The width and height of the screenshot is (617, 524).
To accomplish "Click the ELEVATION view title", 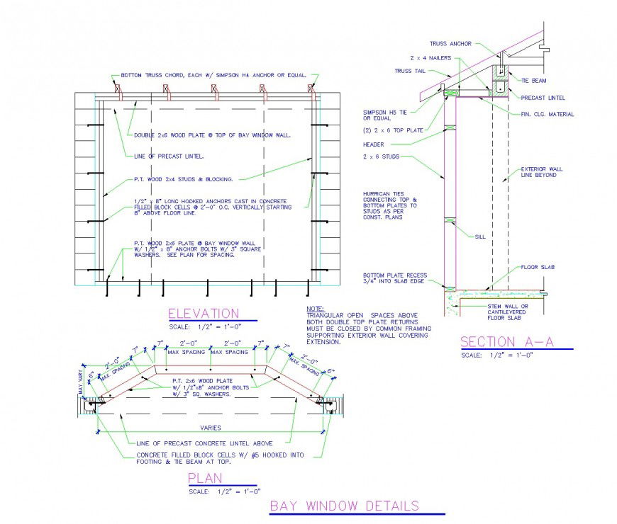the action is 203,313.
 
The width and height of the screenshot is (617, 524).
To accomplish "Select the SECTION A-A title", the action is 506,341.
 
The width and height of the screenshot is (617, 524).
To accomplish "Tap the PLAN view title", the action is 204,479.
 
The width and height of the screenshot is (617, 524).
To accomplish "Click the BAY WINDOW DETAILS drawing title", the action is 344,506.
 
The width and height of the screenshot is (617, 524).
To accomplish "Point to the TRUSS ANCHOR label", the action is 450,44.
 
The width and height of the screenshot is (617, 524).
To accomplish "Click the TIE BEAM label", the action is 535,81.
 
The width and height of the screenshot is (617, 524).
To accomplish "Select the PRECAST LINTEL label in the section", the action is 544,98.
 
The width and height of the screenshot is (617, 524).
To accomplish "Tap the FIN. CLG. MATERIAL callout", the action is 547,114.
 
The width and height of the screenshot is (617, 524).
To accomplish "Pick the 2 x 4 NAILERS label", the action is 430,58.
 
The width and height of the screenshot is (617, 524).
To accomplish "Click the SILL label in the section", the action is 479,237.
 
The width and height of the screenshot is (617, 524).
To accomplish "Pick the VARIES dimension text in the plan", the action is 210,427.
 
